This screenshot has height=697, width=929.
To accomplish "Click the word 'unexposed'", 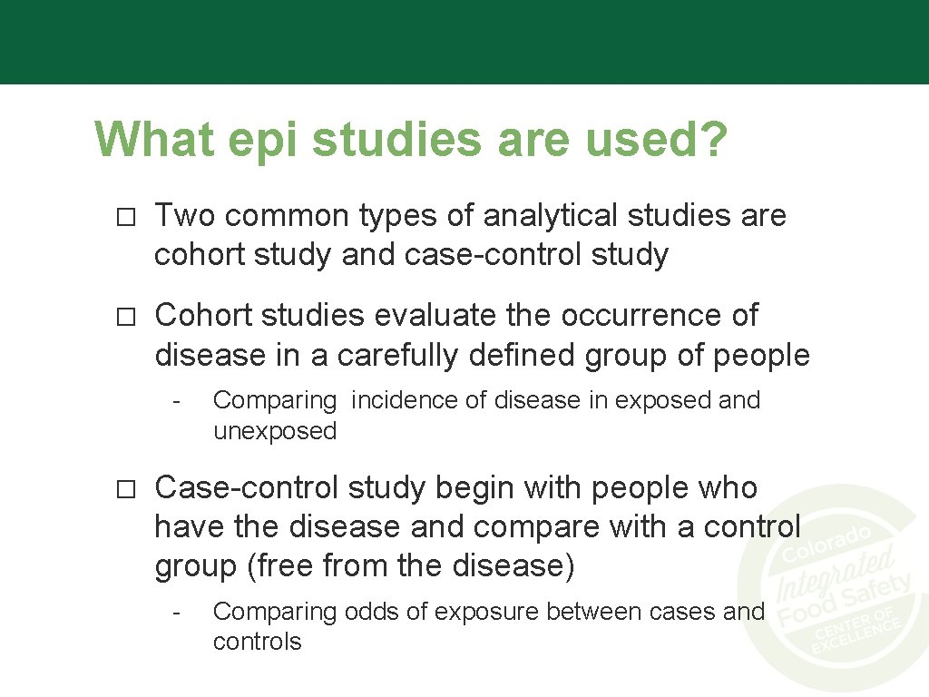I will point(275,430).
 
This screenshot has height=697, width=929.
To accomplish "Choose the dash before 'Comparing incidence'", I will point(180,400).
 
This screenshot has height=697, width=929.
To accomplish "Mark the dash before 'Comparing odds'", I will point(180,612).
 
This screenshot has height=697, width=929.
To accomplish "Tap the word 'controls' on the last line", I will point(257,642).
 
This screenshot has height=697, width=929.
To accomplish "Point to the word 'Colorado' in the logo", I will point(827,542).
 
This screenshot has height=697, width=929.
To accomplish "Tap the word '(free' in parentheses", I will point(280,566).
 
